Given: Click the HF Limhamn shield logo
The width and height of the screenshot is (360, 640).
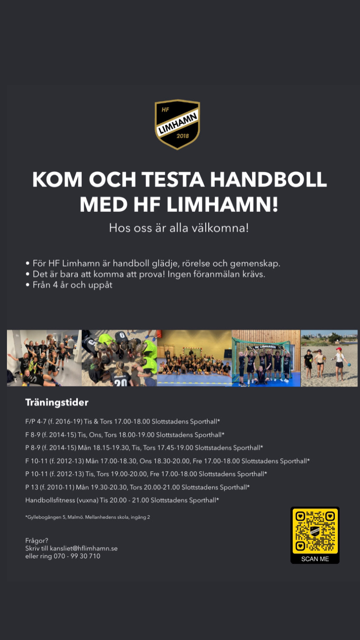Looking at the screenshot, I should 177,124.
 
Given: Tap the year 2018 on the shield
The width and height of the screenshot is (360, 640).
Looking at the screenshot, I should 183,136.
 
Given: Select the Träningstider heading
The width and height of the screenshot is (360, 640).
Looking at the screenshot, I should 57,403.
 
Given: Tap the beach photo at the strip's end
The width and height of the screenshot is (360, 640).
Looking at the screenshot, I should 329,358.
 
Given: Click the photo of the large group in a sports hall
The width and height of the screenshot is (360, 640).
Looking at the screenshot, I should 194,358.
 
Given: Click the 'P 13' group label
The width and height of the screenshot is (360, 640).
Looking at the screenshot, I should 32,487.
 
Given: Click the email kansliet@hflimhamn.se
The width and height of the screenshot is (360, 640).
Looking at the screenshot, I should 83,549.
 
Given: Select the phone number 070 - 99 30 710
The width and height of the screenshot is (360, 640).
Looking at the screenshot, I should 77,556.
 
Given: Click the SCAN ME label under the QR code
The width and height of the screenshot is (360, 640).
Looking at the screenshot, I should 315,559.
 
